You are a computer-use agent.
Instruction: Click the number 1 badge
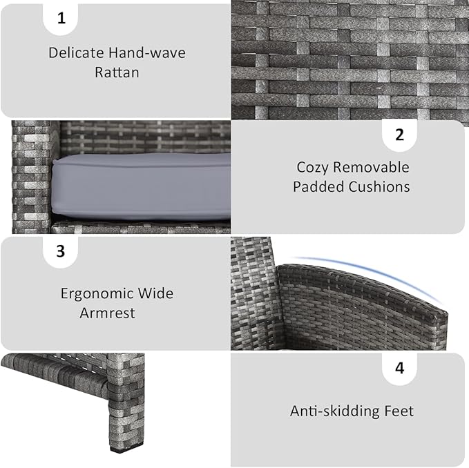[61, 19]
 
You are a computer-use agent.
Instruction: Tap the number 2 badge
[400, 135]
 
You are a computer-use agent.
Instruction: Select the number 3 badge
[60, 251]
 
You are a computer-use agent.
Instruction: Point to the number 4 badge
[400, 368]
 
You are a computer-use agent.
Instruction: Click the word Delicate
[76, 53]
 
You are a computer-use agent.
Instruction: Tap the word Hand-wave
[146, 53]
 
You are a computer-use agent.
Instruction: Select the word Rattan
[117, 72]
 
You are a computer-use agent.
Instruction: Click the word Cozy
[313, 167]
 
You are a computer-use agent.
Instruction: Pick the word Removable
[371, 167]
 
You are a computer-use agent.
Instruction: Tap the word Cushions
[379, 187]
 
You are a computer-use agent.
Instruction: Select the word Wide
[155, 293]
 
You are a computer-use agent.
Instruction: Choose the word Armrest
[107, 313]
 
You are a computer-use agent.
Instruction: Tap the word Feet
[399, 411]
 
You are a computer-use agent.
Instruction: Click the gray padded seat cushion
[141, 187]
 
